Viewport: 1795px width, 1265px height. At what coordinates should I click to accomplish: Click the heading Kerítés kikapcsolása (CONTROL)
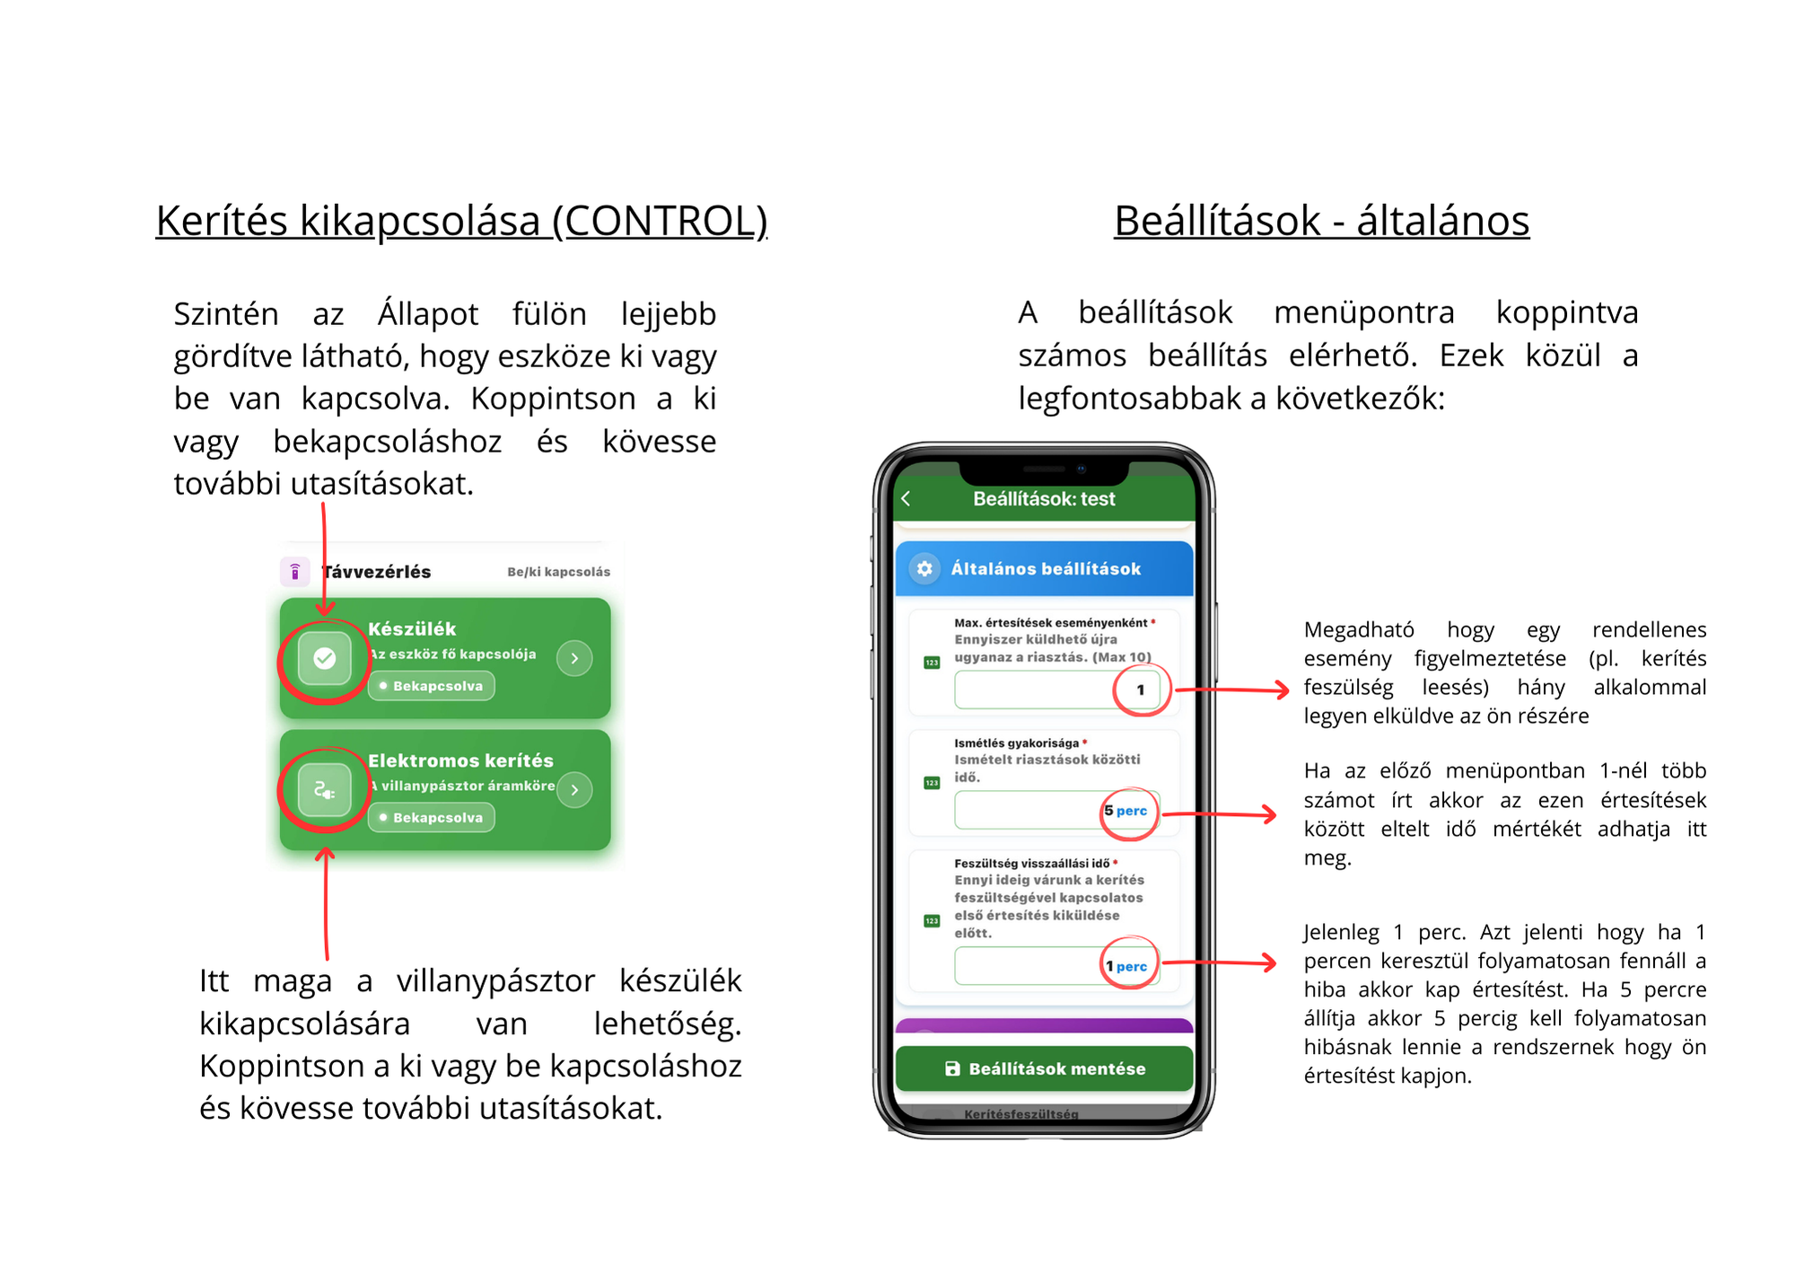coord(461,221)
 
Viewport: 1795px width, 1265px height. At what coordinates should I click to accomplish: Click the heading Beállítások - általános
coord(1321,221)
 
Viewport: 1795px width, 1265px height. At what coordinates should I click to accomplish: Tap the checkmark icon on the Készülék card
coord(325,659)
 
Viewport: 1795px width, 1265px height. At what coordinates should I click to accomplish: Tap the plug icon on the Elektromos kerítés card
coord(325,790)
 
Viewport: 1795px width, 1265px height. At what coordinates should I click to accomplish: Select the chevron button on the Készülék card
coord(574,658)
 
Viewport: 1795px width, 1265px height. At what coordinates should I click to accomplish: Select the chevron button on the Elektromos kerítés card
coord(574,790)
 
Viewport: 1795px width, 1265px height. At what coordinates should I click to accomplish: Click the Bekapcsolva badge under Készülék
coord(432,686)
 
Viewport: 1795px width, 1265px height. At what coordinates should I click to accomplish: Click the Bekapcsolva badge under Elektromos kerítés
coord(432,818)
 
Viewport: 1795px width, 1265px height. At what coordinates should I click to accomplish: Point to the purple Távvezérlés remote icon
coord(295,571)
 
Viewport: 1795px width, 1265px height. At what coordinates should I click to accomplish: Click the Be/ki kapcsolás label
coord(558,572)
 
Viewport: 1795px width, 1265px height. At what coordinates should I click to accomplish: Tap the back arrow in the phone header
coord(906,499)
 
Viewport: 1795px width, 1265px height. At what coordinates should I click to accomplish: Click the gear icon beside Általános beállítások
coord(924,568)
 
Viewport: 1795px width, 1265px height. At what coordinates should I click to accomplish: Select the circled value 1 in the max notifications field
coord(1141,690)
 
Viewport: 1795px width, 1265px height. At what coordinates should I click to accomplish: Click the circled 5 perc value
coord(1126,811)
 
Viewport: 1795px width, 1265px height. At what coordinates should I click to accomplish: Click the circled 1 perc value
coord(1126,966)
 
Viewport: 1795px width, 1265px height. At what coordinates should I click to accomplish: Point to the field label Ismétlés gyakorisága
coord(1016,743)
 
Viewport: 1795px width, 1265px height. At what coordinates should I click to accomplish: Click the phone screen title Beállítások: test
coord(1044,499)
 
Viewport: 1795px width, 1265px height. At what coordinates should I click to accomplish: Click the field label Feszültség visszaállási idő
coord(1031,864)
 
